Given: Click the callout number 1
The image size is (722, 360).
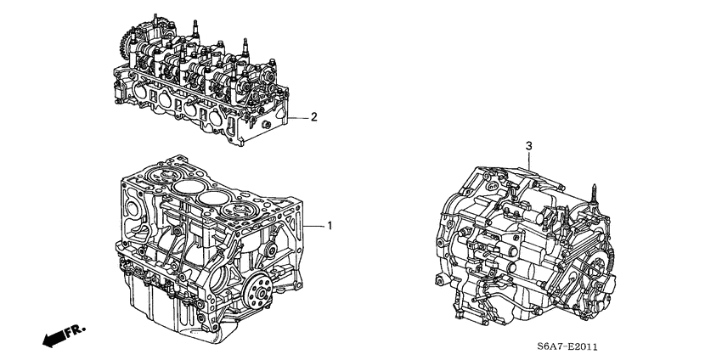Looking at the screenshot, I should coord(330,226).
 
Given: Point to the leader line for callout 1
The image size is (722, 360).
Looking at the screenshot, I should coord(313,226).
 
